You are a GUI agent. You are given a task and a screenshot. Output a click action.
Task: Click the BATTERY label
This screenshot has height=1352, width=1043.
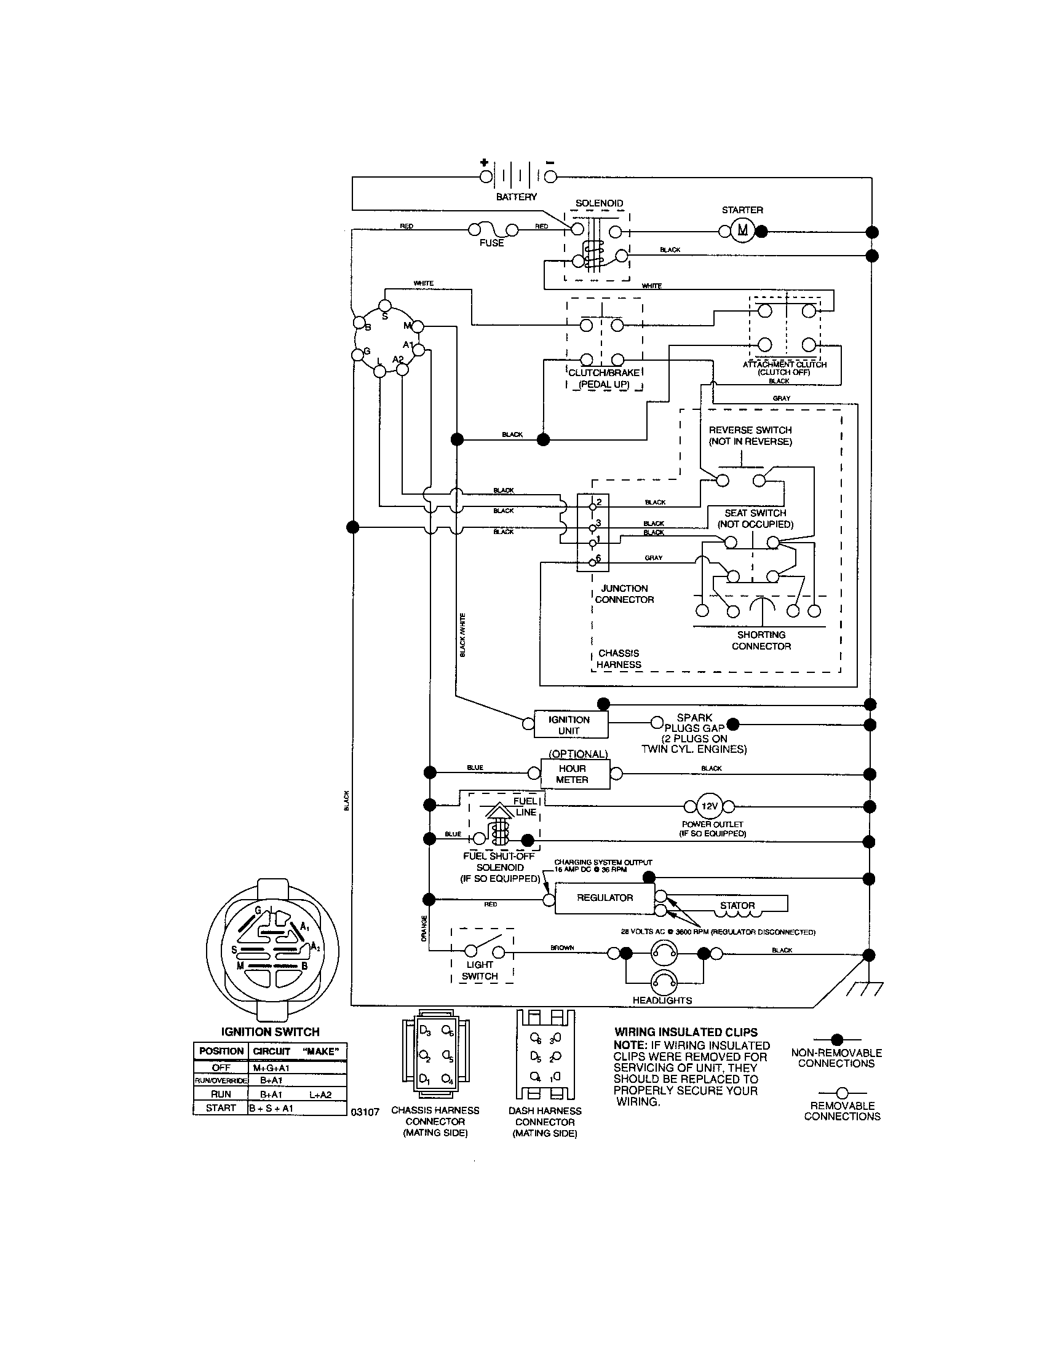click(x=516, y=197)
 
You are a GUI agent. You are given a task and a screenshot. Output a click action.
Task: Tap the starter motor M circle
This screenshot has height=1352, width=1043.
click(x=742, y=232)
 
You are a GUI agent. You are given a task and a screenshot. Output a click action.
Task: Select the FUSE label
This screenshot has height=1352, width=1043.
click(x=491, y=243)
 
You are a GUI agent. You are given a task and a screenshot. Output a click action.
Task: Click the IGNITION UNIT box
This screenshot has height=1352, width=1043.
click(x=571, y=725)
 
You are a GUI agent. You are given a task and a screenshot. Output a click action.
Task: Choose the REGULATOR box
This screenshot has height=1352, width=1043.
click(x=605, y=898)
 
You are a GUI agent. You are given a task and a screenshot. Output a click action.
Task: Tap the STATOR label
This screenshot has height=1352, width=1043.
click(x=737, y=905)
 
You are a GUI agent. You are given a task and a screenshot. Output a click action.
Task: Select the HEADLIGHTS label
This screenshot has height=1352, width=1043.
click(x=662, y=1000)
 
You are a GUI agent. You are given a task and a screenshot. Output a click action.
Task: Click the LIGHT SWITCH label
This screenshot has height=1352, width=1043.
click(x=480, y=970)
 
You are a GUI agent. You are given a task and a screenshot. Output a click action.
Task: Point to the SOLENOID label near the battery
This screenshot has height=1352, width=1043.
click(x=599, y=203)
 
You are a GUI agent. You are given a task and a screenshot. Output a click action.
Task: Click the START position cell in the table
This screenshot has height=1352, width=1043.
click(x=221, y=1108)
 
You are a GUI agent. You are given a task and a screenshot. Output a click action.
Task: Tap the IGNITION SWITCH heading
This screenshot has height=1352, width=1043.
click(x=270, y=1032)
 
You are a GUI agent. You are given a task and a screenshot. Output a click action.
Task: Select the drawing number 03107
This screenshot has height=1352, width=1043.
click(x=365, y=1112)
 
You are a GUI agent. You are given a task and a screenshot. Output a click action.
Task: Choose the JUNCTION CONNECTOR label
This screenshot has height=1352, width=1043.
click(x=624, y=594)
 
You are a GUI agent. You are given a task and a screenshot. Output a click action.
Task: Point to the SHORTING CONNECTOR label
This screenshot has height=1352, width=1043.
click(x=761, y=640)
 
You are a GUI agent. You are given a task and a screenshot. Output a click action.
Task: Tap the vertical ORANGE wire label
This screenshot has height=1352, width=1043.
click(x=424, y=929)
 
